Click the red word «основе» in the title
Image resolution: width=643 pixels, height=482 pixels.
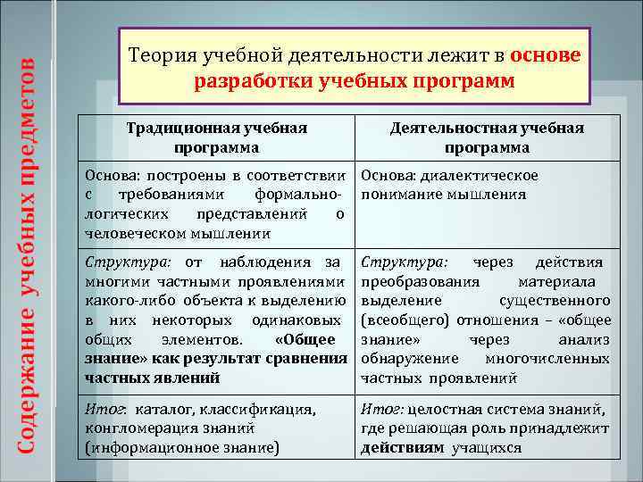(x=546, y=55)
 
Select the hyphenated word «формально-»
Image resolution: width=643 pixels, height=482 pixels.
(x=299, y=195)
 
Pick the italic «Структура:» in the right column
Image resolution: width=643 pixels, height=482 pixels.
(x=405, y=262)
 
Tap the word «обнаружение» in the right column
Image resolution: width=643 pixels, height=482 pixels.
(x=407, y=359)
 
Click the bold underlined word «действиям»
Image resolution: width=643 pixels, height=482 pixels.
(x=402, y=448)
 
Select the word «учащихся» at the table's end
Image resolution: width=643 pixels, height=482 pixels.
(x=487, y=448)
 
